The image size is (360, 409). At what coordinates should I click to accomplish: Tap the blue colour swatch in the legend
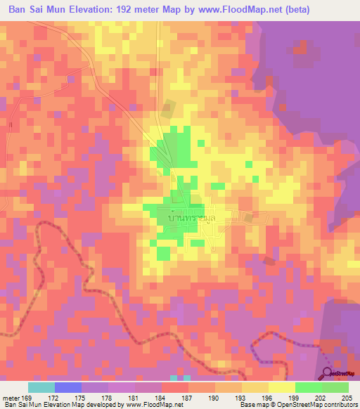68,387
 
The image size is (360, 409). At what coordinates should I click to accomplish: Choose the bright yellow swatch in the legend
281,387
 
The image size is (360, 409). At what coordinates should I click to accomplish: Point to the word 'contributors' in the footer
339,405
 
